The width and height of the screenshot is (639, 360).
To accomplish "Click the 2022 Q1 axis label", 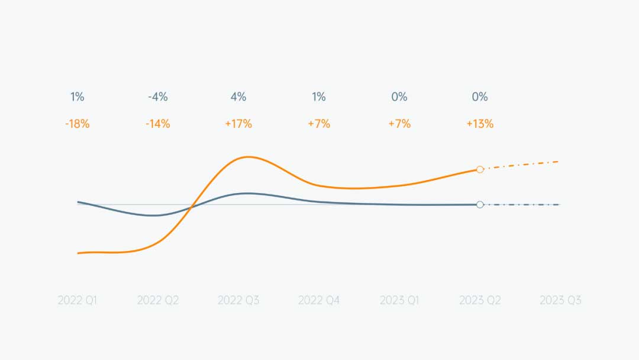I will click(78, 300).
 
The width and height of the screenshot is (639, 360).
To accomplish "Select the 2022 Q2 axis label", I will click(158, 300).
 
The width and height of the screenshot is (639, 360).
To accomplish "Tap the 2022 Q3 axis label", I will click(238, 300).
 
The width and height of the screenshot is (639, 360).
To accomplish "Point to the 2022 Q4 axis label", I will click(319, 300).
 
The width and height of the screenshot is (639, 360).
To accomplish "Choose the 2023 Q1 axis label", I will click(399, 300).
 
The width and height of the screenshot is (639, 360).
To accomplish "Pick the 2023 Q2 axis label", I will click(480, 300).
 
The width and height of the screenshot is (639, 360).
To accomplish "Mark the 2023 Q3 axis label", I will click(560, 300).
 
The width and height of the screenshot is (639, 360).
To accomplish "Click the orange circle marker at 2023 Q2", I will click(480, 169).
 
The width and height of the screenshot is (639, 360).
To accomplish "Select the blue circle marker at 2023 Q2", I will click(480, 205).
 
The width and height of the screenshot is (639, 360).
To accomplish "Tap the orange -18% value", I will click(78, 124).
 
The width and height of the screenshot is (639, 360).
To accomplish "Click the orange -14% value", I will click(158, 124).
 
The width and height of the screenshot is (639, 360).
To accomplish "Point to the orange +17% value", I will click(238, 124).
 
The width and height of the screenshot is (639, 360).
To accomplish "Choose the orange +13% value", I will click(480, 124).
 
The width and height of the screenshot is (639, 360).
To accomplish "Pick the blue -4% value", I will click(158, 97).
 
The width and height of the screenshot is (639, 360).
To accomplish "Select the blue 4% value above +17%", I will click(238, 97).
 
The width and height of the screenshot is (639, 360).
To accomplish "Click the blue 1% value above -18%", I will click(78, 97).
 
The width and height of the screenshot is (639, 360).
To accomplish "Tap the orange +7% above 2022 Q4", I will click(319, 124).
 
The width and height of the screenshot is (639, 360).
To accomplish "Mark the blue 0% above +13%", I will click(480, 97).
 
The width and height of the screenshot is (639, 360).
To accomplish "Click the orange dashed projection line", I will click(521, 165).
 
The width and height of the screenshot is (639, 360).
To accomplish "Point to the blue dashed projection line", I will click(521, 205).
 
